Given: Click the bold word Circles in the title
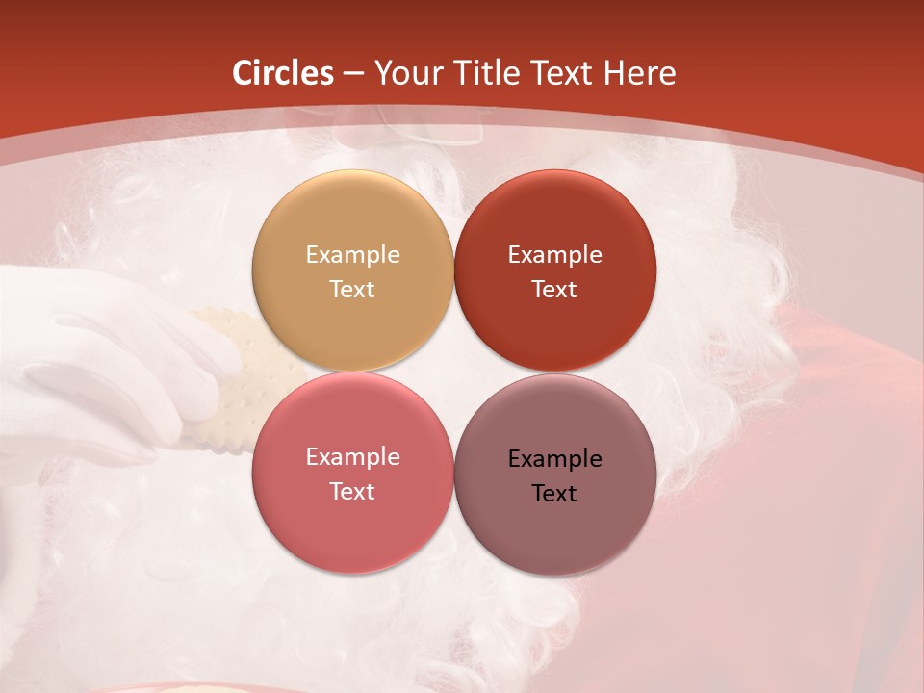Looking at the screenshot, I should [x=283, y=73].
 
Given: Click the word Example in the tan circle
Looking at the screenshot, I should [x=352, y=255].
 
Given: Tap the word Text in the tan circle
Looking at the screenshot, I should [x=352, y=289].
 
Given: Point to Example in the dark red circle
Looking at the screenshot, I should [x=554, y=255].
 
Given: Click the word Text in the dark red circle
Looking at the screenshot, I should [x=554, y=289].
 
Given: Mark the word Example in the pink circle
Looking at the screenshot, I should [x=352, y=457].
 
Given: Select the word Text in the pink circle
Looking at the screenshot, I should [x=352, y=491].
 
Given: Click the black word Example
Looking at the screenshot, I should [x=554, y=459].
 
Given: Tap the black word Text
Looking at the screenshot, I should [x=554, y=493].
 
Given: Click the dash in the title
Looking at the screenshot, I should [x=353, y=74].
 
